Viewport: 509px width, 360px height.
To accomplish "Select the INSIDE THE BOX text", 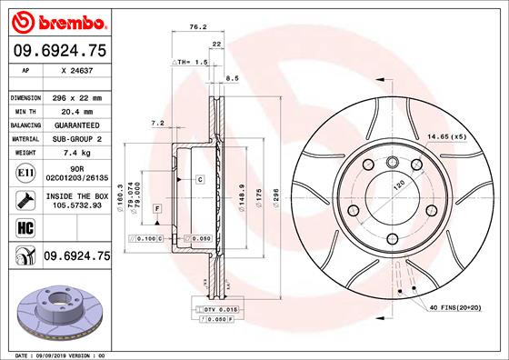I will coord(76,195).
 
